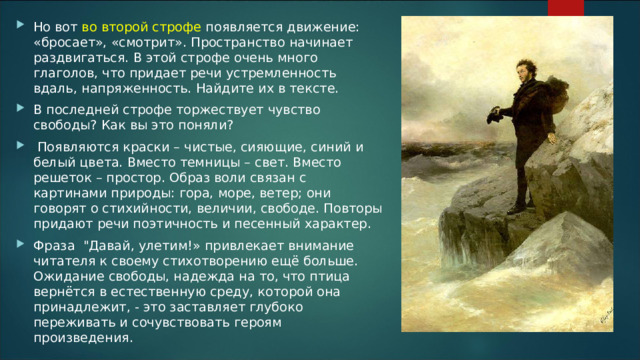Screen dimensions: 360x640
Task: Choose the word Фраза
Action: tap(54, 247)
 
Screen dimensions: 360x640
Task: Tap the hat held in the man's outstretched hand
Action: tap(494, 117)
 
